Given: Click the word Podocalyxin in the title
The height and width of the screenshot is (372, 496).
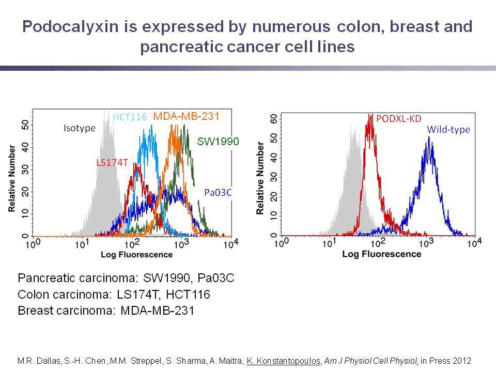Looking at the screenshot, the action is tap(71, 26).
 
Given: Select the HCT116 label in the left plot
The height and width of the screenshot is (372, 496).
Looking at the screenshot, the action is tap(130, 117).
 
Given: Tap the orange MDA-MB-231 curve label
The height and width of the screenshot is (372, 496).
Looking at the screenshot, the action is tap(187, 116).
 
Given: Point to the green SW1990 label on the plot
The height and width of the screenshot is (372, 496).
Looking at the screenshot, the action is tap(218, 142).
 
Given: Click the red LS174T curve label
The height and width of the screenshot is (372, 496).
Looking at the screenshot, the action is tap(112, 163).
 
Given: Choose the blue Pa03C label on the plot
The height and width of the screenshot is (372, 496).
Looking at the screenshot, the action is tap(218, 193).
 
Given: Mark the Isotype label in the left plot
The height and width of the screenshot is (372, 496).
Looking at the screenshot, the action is tap(80, 129).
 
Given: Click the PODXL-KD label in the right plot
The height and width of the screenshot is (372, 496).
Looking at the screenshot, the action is tap(398, 119).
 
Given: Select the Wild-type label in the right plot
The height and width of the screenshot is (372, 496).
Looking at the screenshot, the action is tap(448, 130).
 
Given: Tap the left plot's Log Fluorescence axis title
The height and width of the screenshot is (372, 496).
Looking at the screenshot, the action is tap(136, 255).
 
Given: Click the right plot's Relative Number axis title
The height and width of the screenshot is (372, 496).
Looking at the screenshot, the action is tap(260, 178).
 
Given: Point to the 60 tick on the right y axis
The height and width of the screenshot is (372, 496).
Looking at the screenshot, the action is tap(274, 119).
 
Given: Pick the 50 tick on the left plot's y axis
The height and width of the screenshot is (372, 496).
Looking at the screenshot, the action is tap(25, 125).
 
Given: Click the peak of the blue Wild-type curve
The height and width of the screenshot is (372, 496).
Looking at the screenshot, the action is tap(429, 137).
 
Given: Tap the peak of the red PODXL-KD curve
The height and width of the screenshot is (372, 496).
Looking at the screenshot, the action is tap(370, 115).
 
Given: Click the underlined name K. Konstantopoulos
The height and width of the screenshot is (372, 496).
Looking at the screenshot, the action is tap(284, 361).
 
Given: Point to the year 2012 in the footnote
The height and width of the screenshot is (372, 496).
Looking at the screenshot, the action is tap(462, 361).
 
